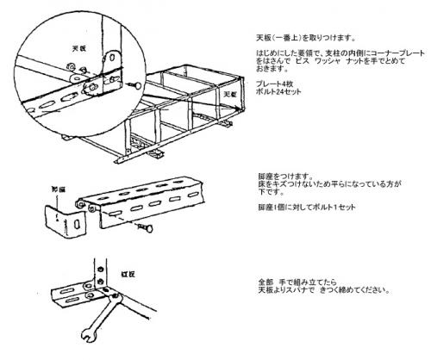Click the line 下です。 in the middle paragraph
(x=258, y=192)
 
